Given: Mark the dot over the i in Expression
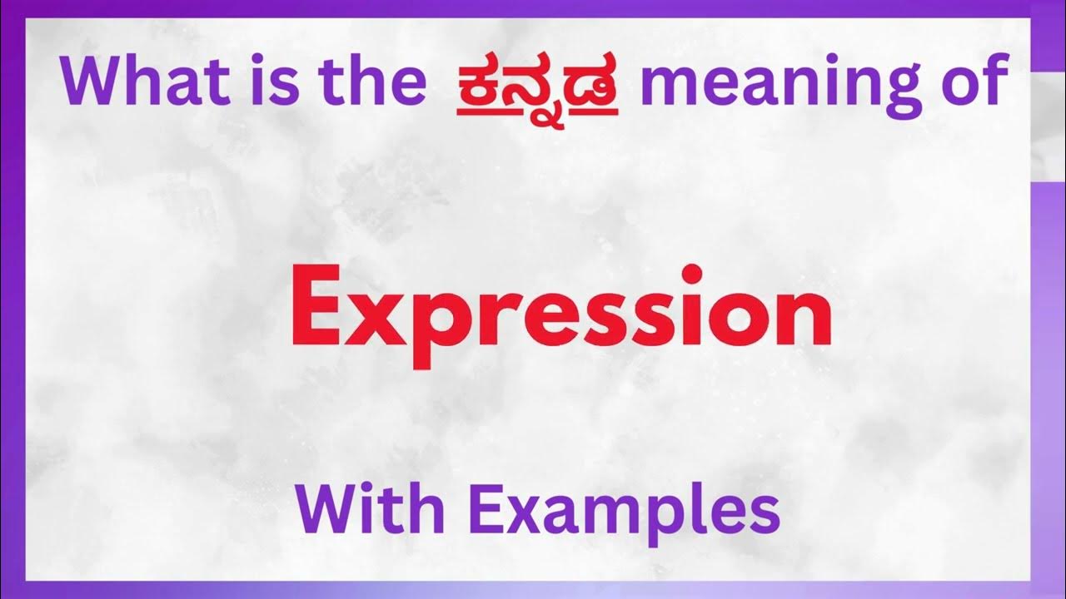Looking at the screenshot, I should [690, 275].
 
